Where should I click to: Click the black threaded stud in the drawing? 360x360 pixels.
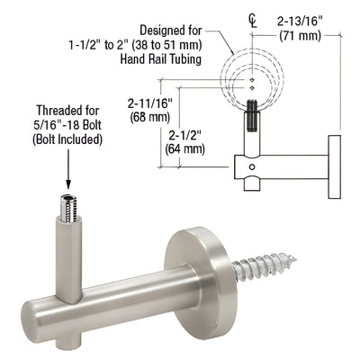(253, 117)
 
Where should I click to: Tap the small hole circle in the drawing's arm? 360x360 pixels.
(253, 165)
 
